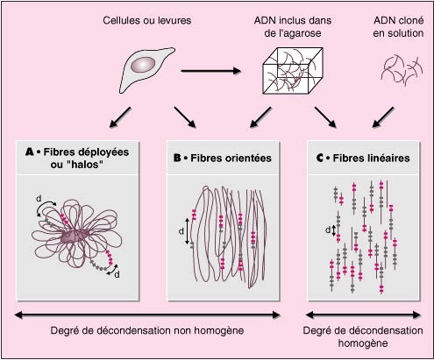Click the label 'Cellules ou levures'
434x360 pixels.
pyautogui.click(x=147, y=20)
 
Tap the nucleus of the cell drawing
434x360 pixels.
pyautogui.click(x=143, y=64)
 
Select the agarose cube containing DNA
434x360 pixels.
pyautogui.click(x=293, y=71)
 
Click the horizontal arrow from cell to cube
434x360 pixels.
pyautogui.click(x=211, y=71)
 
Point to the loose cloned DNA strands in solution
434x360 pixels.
pyautogui.click(x=402, y=70)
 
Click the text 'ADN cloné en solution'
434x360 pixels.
pyautogui.click(x=398, y=26)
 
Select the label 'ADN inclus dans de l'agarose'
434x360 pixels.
pyautogui.click(x=293, y=26)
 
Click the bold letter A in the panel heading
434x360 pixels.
pyautogui.click(x=30, y=152)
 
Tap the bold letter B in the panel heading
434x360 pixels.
pyautogui.click(x=177, y=158)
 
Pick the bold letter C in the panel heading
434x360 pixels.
pyautogui.click(x=320, y=158)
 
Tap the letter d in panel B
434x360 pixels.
pyautogui.click(x=181, y=231)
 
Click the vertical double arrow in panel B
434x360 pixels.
pyautogui.click(x=188, y=231)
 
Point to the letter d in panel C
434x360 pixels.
pyautogui.click(x=328, y=229)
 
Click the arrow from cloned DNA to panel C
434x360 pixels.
pyautogui.click(x=383, y=117)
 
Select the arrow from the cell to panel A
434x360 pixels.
pyautogui.click(x=120, y=117)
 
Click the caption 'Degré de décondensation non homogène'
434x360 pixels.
pyautogui.click(x=147, y=331)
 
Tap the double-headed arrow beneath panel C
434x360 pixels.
pyautogui.click(x=363, y=314)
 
